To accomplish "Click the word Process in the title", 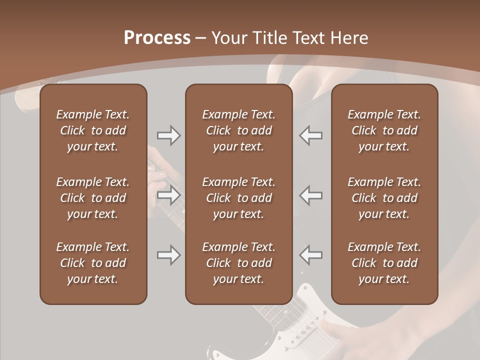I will (x=157, y=38).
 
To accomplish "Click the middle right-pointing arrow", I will (x=168, y=195).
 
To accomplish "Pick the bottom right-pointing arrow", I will (x=168, y=255).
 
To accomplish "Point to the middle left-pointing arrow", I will (x=310, y=195).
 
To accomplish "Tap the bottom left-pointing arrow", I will (x=310, y=255).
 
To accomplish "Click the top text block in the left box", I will (x=93, y=130).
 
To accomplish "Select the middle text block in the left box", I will (x=93, y=198).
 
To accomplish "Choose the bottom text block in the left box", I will (x=93, y=263).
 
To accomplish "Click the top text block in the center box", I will (x=238, y=130).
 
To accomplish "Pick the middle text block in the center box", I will (x=238, y=198).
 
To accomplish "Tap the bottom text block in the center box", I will (x=238, y=263).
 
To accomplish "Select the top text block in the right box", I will (x=384, y=130).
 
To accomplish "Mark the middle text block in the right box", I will (x=384, y=198).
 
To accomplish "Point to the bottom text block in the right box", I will (x=384, y=263).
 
